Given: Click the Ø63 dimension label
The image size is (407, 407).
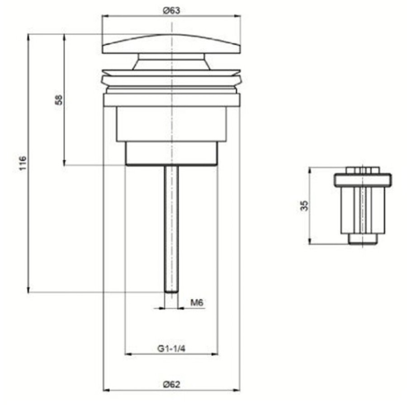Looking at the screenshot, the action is pos(171,11).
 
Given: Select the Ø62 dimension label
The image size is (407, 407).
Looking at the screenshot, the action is pos(171,384).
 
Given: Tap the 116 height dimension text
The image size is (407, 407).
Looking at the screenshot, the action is pos(23,163).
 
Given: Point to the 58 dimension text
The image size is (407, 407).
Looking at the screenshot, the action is pos(59,100).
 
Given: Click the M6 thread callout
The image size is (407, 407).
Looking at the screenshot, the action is pos(197,303).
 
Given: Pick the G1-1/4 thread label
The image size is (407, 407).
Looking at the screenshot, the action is pos(171,348).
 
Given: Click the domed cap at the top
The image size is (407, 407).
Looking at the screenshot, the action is pos(171,44).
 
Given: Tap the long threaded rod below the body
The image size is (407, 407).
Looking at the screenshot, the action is pos(171,229).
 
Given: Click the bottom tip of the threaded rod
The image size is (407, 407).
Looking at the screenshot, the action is pos(171,292).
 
